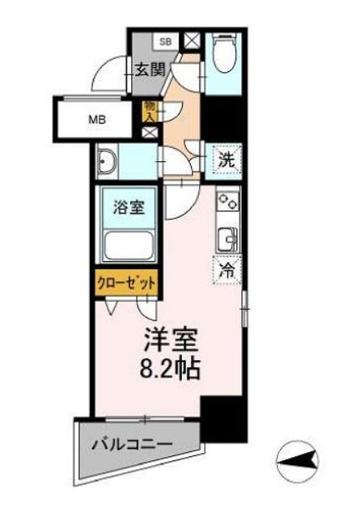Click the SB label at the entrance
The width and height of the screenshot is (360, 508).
pyautogui.click(x=165, y=40)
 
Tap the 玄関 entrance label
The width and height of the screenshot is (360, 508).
pyautogui.click(x=150, y=70)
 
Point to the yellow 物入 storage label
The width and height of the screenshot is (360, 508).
pyautogui.click(x=150, y=110)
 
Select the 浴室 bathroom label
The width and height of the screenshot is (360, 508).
pyautogui.click(x=129, y=206)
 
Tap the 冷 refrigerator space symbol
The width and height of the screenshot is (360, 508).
pyautogui.click(x=227, y=270)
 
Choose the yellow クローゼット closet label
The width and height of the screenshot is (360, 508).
pyautogui.click(x=126, y=283)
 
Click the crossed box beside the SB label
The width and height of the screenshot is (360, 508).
pyautogui.click(x=191, y=40)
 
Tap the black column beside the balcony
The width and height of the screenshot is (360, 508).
pyautogui.click(x=219, y=419)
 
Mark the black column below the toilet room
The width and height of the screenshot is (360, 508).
pyautogui.click(x=219, y=118)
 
